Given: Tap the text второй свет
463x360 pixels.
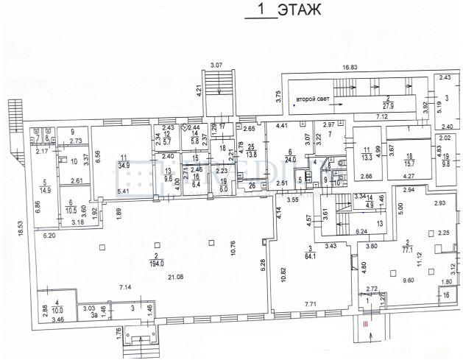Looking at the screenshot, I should [311, 98].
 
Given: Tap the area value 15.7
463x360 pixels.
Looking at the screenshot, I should [411, 161].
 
